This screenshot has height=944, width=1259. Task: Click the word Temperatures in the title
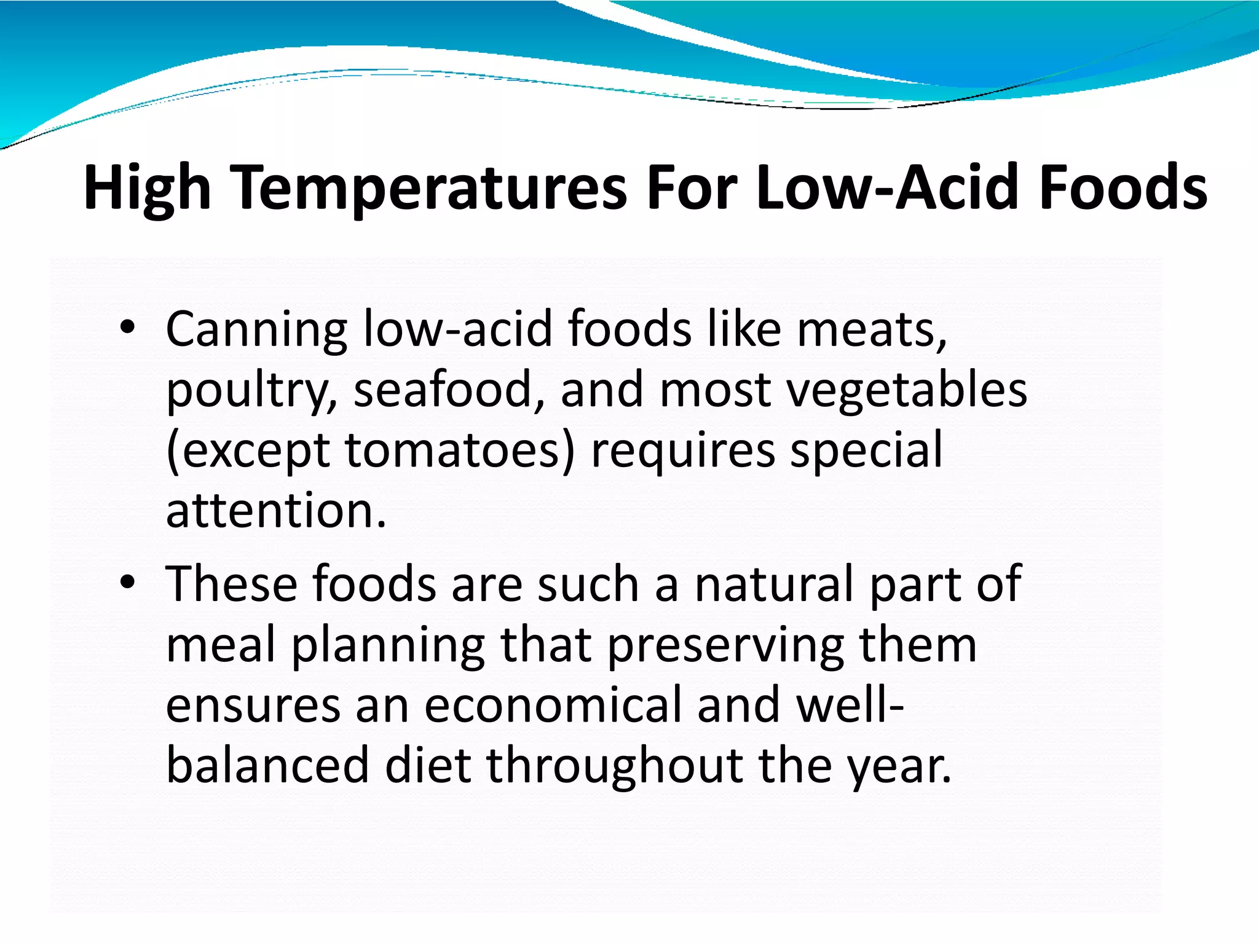[431, 187]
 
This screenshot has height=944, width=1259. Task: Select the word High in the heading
[147, 187]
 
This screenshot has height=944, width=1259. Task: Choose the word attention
[275, 511]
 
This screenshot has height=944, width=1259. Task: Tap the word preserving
[725, 645]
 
